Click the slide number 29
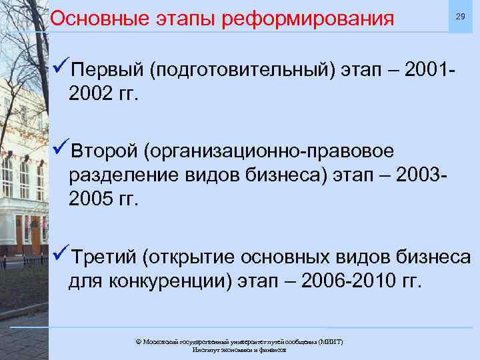[x=459, y=16]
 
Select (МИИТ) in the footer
[x=329, y=341]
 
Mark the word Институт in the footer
[x=205, y=349]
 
